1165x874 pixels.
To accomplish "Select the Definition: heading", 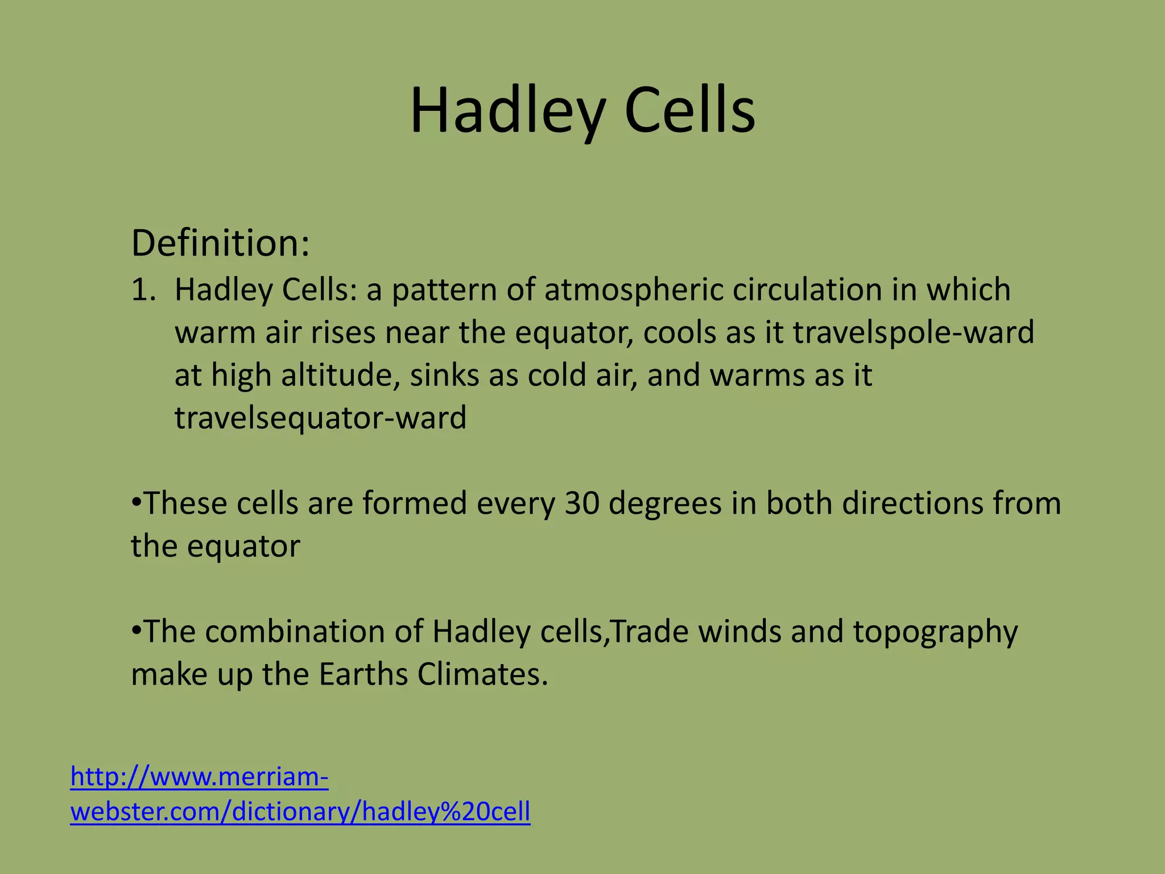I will pyautogui.click(x=220, y=244).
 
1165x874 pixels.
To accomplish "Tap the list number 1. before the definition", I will pyautogui.click(x=143, y=290).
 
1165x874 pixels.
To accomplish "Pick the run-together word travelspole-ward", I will pyautogui.click(x=913, y=333).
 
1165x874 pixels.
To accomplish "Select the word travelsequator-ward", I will pyautogui.click(x=320, y=418).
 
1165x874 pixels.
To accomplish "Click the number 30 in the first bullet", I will pyautogui.click(x=582, y=504).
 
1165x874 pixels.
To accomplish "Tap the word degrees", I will pyautogui.click(x=665, y=505).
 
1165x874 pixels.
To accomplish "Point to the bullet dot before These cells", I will pyautogui.click(x=136, y=503).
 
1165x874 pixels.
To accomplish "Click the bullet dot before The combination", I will pyautogui.click(x=136, y=631).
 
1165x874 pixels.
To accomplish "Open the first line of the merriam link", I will pyautogui.click(x=199, y=777).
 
